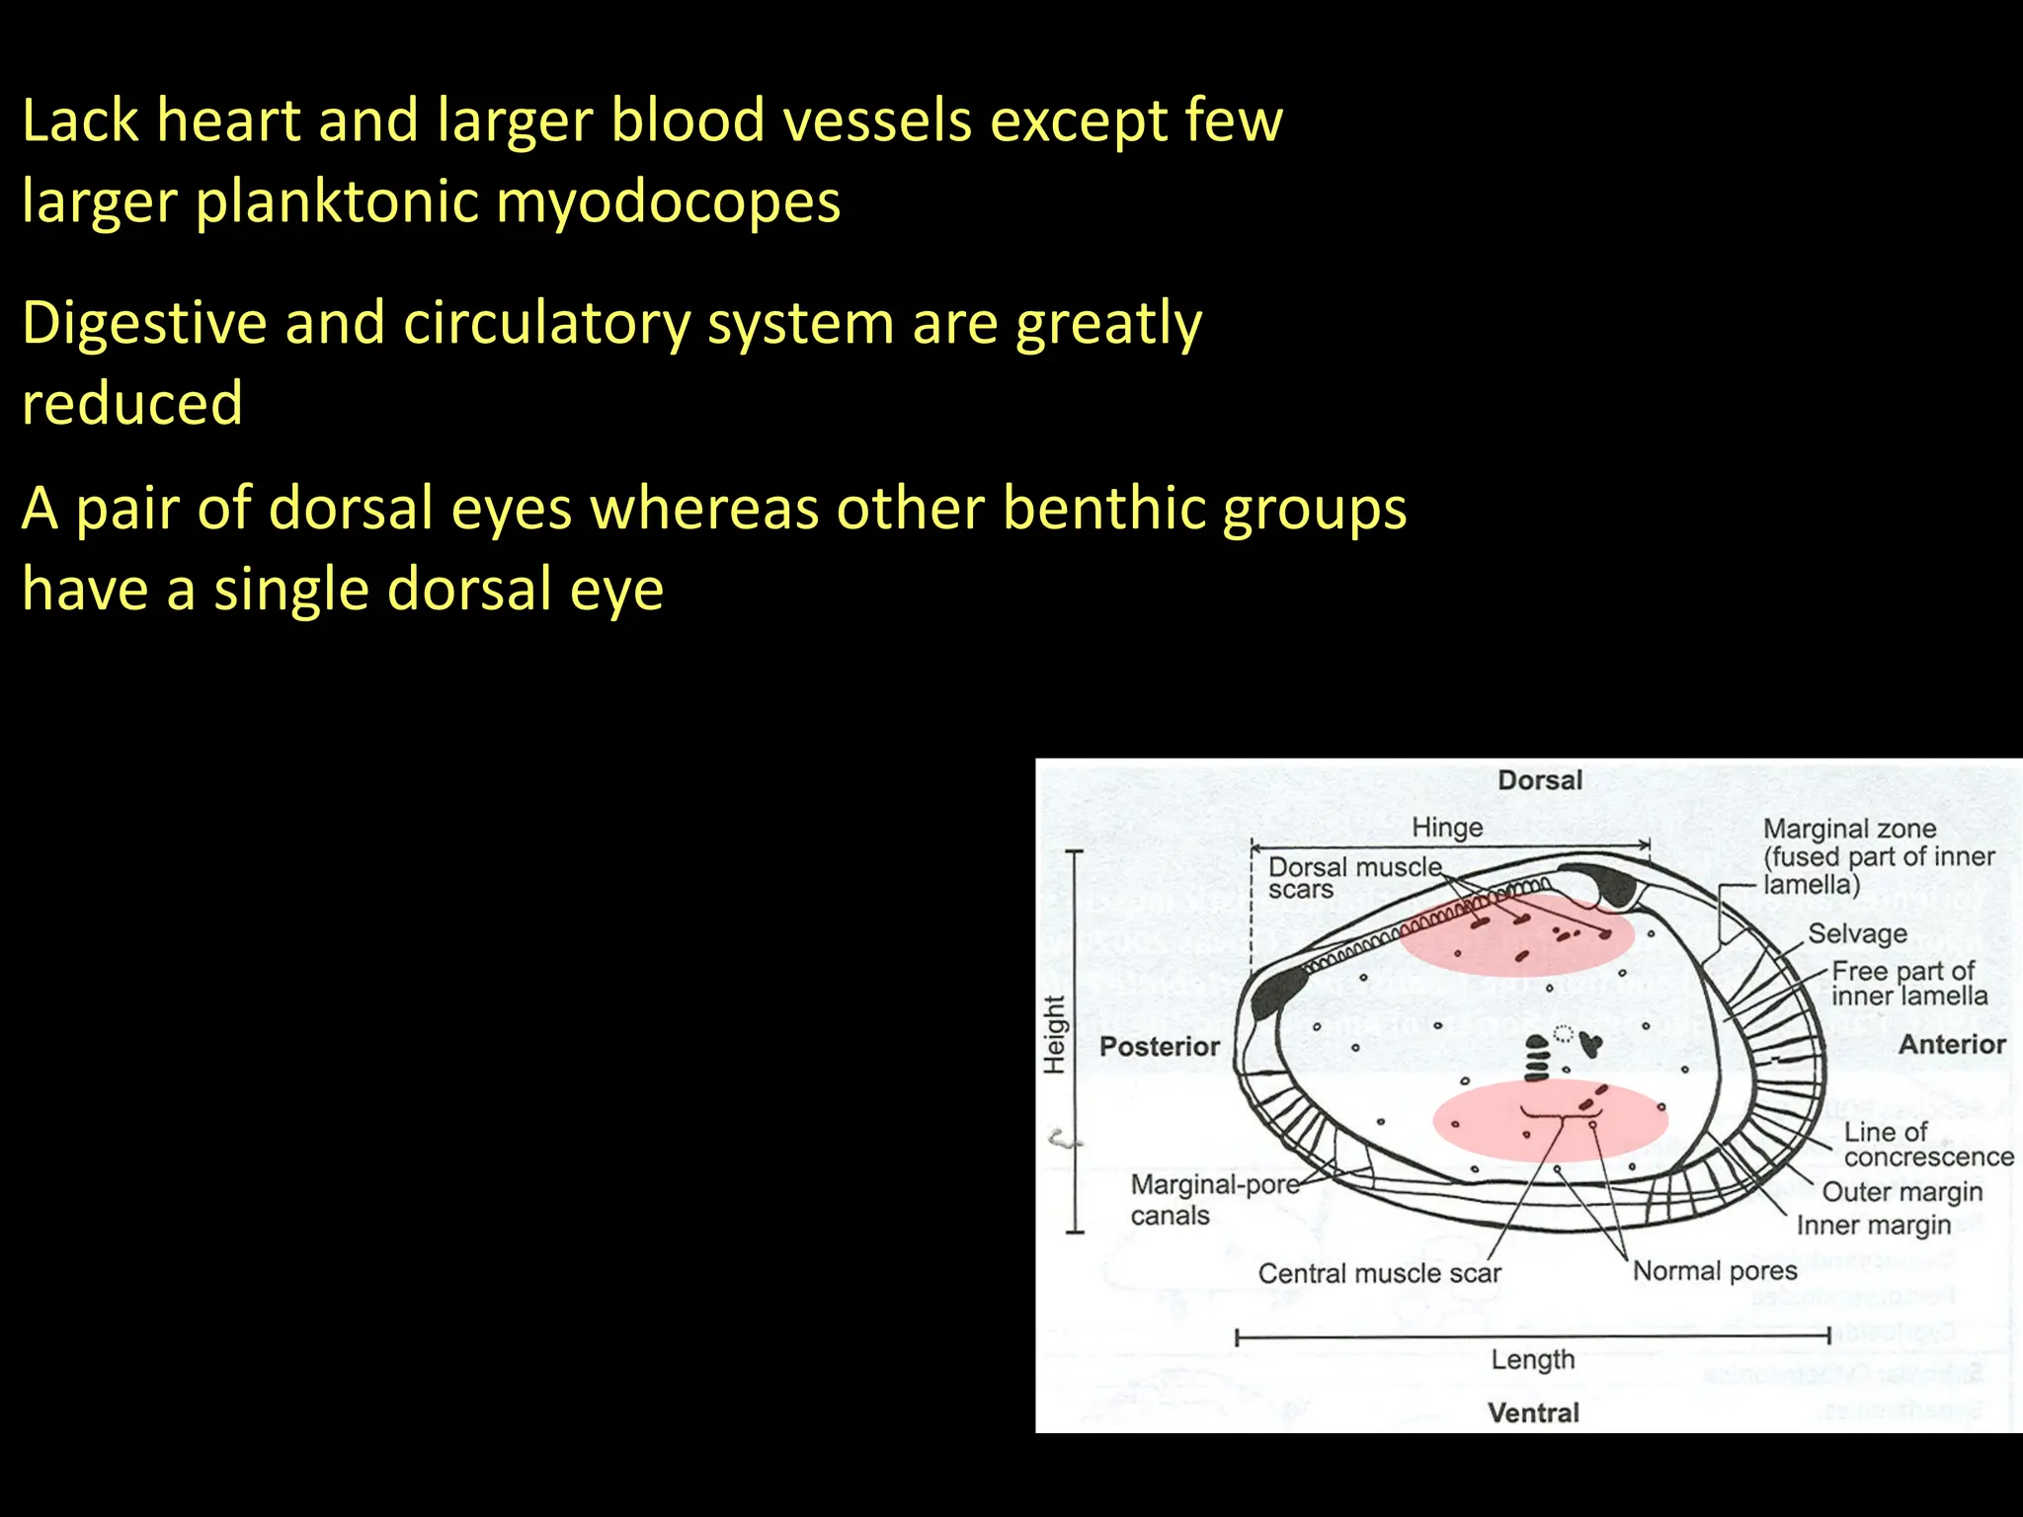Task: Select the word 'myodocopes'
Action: pyautogui.click(x=668, y=202)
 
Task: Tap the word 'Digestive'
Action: pyautogui.click(x=144, y=324)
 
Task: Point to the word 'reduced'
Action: pyautogui.click(x=132, y=404)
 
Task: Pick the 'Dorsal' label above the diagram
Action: pyautogui.click(x=1539, y=780)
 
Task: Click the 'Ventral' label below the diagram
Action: pyautogui.click(x=1533, y=1412)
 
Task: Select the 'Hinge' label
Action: pyautogui.click(x=1447, y=828)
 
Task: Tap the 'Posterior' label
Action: pyautogui.click(x=1160, y=1047)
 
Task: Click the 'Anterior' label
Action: pyautogui.click(x=1952, y=1045)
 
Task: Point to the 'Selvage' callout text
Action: pyautogui.click(x=1857, y=934)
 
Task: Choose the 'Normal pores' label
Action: pyautogui.click(x=1715, y=1271)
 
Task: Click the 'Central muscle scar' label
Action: pyautogui.click(x=1379, y=1274)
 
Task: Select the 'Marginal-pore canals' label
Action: pyautogui.click(x=1213, y=1200)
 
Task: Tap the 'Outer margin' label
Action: pyautogui.click(x=1902, y=1192)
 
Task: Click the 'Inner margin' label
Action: pyautogui.click(x=1873, y=1226)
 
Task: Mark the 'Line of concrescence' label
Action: pyautogui.click(x=1926, y=1145)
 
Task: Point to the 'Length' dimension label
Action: pyautogui.click(x=1533, y=1360)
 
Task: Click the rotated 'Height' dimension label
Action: pyautogui.click(x=1055, y=1035)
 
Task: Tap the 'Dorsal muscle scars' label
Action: pyautogui.click(x=1353, y=878)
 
